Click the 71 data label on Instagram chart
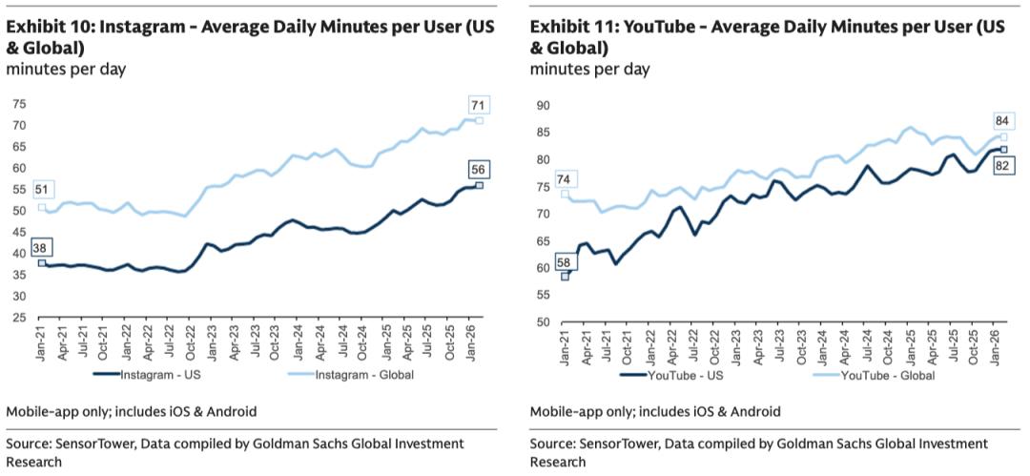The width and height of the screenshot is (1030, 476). (x=479, y=105)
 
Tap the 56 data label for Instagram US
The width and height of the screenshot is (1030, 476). (x=479, y=170)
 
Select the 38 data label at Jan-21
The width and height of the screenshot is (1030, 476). (x=41, y=247)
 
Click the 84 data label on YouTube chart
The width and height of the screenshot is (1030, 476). (x=1002, y=120)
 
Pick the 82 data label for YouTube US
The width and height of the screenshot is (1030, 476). (x=1001, y=165)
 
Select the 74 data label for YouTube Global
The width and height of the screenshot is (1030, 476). (x=565, y=179)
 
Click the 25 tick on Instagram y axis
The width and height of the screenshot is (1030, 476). (x=17, y=318)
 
